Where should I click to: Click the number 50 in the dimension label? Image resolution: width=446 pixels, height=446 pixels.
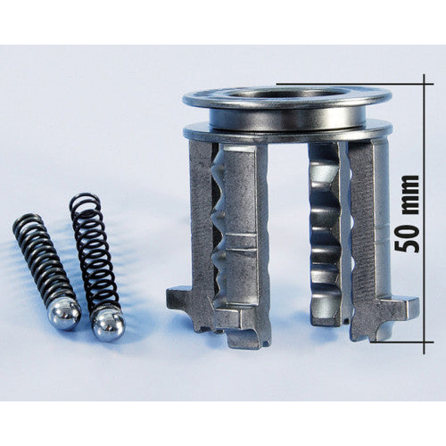(410, 243)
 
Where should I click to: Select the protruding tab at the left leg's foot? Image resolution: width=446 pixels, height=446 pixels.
(178, 296)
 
